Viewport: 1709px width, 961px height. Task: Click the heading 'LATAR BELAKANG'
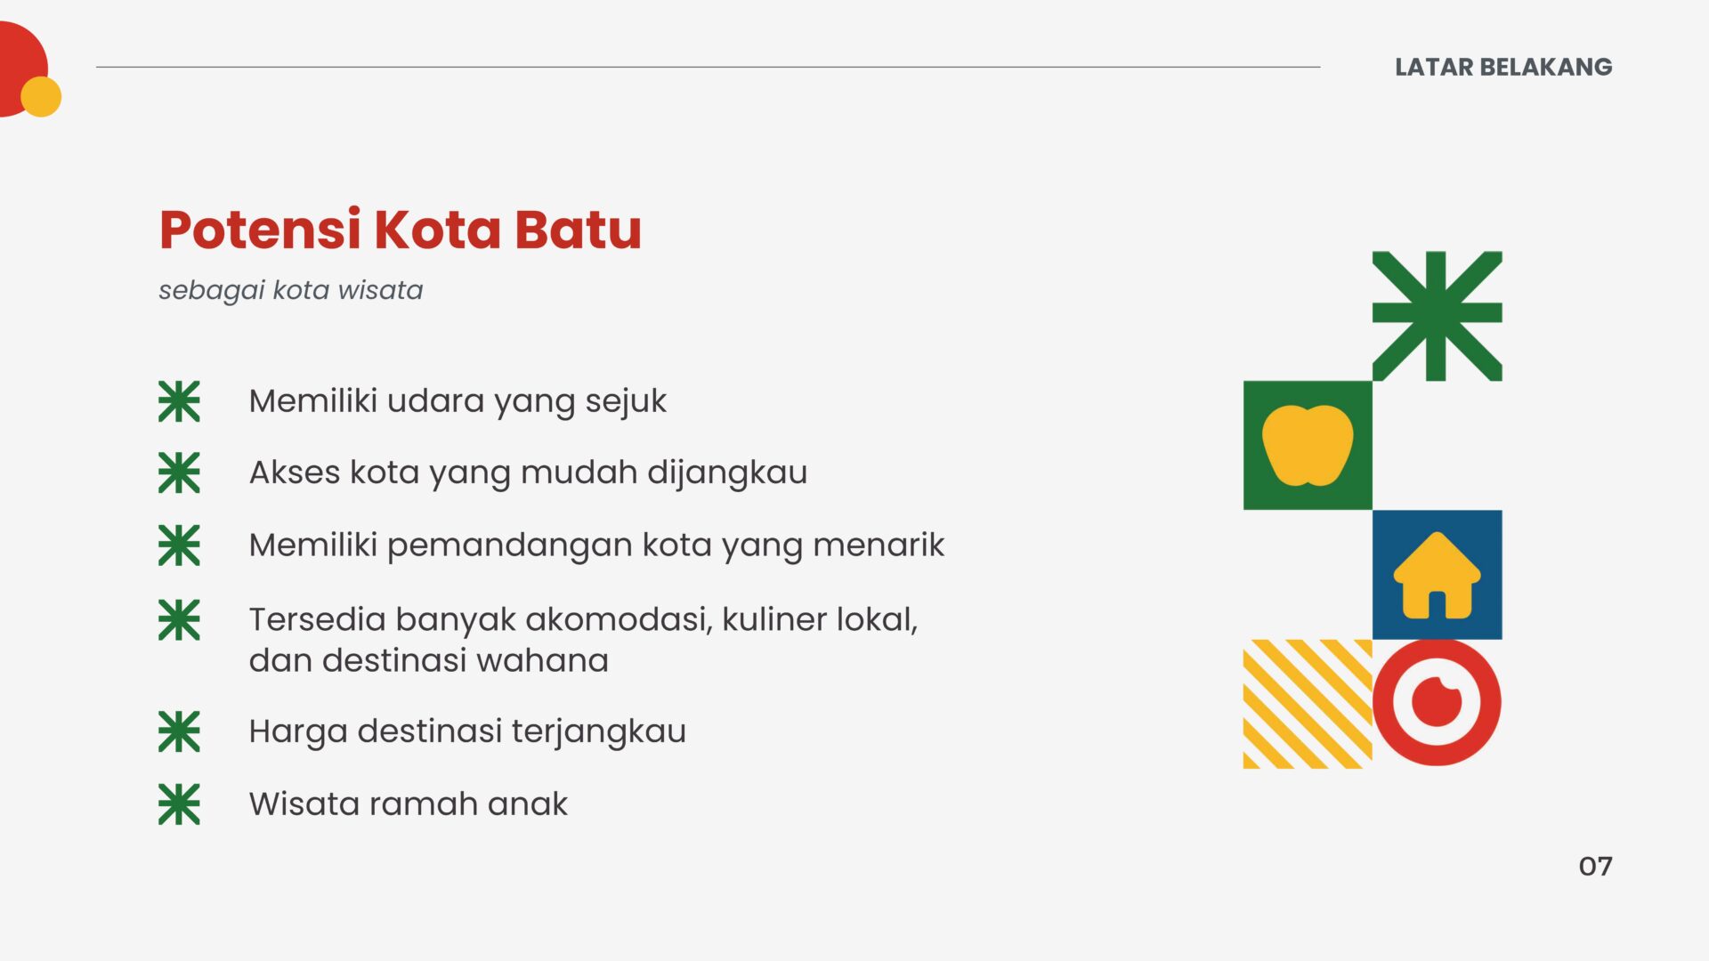[x=1503, y=67]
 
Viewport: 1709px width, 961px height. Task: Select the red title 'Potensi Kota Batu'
[x=401, y=230]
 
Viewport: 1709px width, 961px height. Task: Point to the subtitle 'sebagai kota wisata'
[x=291, y=290]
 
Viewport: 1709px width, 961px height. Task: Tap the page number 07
[x=1595, y=866]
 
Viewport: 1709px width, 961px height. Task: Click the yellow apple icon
[x=1308, y=445]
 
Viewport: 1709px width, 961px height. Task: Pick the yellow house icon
[x=1437, y=575]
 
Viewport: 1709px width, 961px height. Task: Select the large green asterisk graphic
[x=1437, y=316]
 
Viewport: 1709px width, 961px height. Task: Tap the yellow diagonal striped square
[x=1308, y=704]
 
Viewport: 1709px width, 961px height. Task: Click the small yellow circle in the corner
[x=41, y=96]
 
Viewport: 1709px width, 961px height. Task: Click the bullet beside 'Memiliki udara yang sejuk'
[x=179, y=401]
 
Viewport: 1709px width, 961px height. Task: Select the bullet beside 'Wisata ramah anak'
[x=179, y=804]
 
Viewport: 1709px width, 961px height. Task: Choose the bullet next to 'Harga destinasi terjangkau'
[x=179, y=731]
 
